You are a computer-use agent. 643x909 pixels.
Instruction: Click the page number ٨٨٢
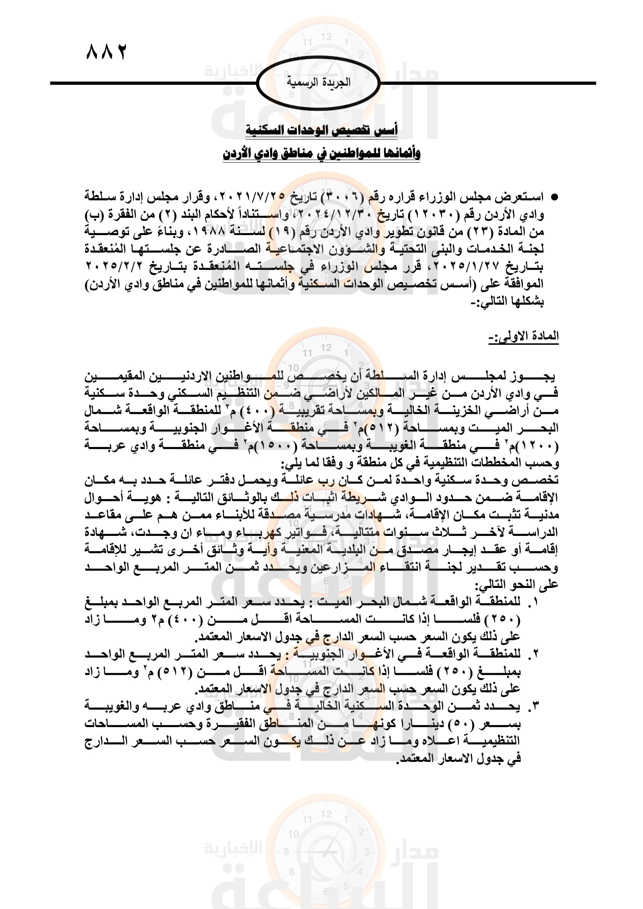pos(106,52)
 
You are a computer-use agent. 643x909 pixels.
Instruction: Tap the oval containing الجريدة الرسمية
pos(318,83)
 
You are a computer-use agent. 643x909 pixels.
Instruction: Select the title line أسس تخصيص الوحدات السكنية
pos(321,129)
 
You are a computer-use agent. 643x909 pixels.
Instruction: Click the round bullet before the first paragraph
pos(555,197)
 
